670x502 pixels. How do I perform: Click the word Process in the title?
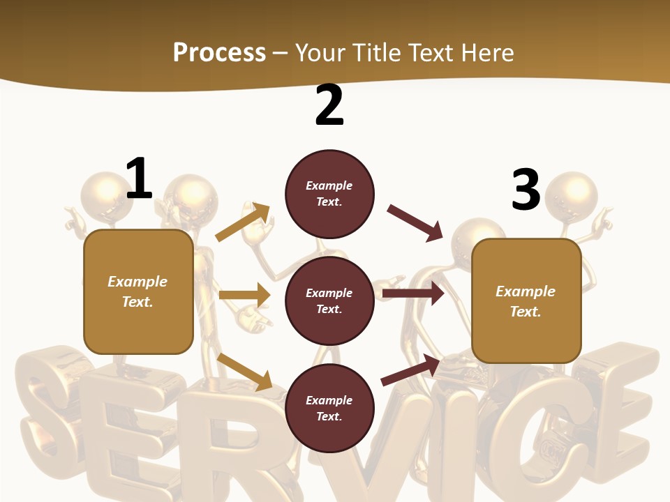point(219,52)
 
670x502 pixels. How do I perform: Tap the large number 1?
point(139,179)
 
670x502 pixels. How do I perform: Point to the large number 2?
point(329,105)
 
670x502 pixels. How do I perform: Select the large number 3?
point(526,190)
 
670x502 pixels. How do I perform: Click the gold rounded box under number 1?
point(138,291)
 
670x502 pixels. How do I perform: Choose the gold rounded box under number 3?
point(526,301)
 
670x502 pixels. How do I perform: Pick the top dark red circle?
point(329,194)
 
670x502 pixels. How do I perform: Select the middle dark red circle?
point(329,301)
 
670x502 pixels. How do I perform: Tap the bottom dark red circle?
point(329,408)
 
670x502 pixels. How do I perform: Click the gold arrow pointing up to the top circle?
point(243,222)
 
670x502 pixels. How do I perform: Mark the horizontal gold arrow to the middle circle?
point(244,295)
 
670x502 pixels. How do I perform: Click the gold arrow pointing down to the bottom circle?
point(244,372)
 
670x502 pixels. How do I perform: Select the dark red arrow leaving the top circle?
point(415,222)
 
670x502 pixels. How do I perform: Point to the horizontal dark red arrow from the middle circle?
point(412,294)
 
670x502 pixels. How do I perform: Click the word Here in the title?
point(487,52)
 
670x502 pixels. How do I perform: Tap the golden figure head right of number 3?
point(572,196)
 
